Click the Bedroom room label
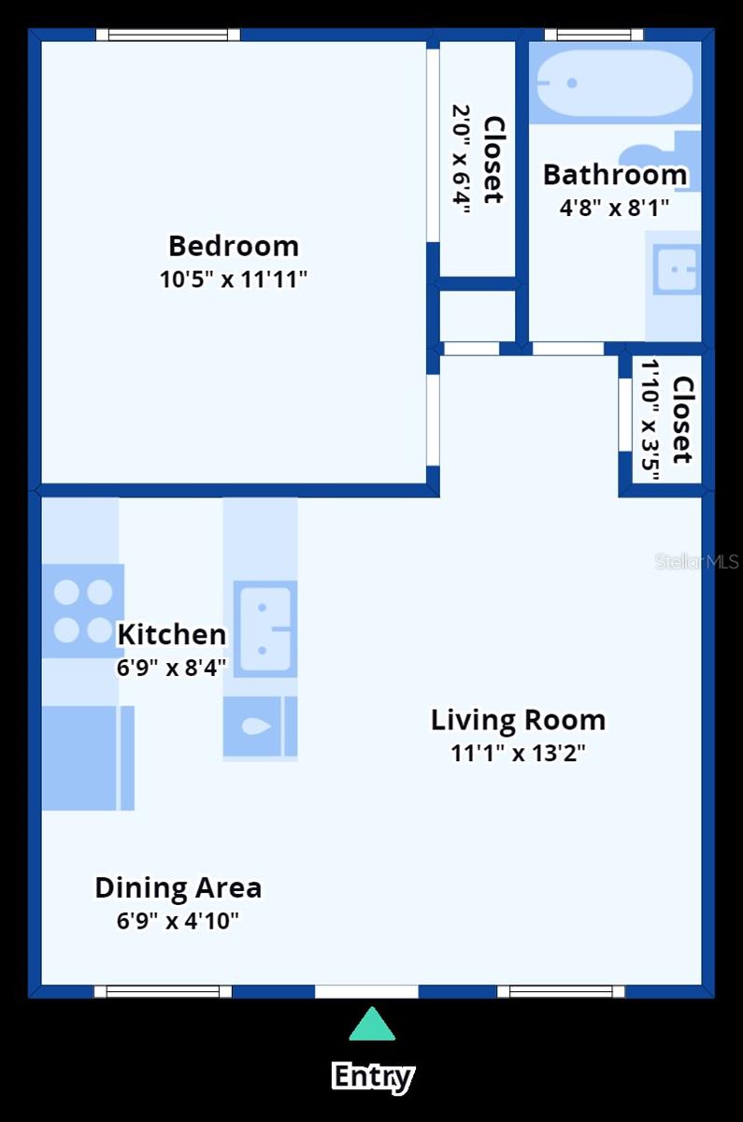pyautogui.click(x=234, y=246)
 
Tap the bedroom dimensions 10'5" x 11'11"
pyautogui.click(x=234, y=279)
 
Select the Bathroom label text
pyautogui.click(x=614, y=175)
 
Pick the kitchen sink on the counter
pyautogui.click(x=264, y=628)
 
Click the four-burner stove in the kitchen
pyautogui.click(x=83, y=611)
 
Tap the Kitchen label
pyautogui.click(x=171, y=635)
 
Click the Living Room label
pyautogui.click(x=518, y=720)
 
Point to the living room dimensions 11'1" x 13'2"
pyautogui.click(x=518, y=753)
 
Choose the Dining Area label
pyautogui.click(x=178, y=887)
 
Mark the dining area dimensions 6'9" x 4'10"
pyautogui.click(x=178, y=920)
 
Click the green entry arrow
pyautogui.click(x=372, y=1025)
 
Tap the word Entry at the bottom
pyautogui.click(x=372, y=1076)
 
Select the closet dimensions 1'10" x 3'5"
pyautogui.click(x=651, y=419)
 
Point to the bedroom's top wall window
pyautogui.click(x=168, y=35)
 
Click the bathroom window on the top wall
pyautogui.click(x=594, y=35)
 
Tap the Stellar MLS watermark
pyautogui.click(x=696, y=562)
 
